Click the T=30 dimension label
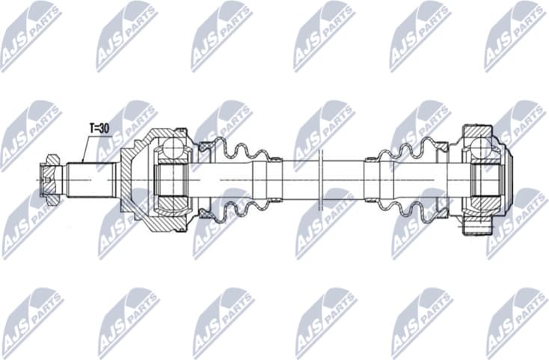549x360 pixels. pos(99,128)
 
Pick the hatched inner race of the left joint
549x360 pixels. pos(170,180)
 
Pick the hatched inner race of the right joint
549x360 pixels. pos(482,180)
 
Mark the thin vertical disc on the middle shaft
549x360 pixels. pos(319,180)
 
